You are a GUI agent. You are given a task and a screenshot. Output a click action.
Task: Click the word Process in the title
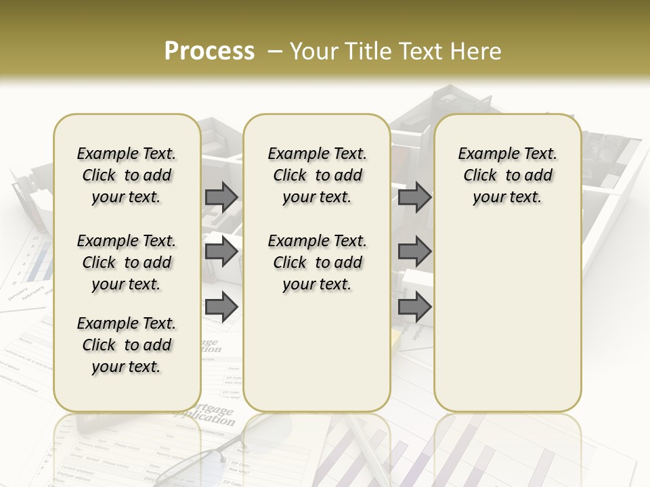tap(209, 51)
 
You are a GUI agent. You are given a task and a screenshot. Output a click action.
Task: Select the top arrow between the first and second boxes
tap(221, 197)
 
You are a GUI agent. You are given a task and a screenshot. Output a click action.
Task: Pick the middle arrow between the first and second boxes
tap(221, 252)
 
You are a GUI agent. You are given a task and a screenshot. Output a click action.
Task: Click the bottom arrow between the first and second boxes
tap(221, 307)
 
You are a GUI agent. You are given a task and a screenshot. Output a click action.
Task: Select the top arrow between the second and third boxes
tap(414, 197)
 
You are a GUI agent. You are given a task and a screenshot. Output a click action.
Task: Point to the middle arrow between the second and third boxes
tap(414, 252)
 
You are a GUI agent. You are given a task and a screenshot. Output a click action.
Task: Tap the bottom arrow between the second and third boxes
tap(414, 307)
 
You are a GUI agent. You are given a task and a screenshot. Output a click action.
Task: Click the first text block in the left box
tap(127, 175)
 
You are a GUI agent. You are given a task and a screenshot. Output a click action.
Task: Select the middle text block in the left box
tap(127, 262)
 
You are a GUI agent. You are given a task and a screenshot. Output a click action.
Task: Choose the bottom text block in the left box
tap(127, 345)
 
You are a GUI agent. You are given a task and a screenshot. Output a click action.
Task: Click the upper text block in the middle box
tap(317, 175)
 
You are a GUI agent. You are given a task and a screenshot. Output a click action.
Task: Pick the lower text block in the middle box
tap(317, 262)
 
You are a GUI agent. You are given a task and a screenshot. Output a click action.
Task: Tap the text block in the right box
tap(508, 175)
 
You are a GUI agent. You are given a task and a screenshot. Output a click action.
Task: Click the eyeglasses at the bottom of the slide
tap(203, 460)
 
